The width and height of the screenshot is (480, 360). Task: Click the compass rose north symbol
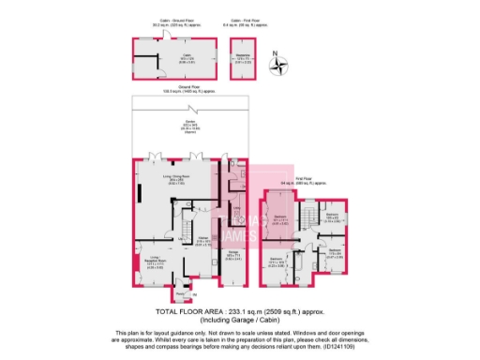click(278, 66)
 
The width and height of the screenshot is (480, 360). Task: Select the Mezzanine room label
click(244, 59)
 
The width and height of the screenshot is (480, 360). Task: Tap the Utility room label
click(236, 207)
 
